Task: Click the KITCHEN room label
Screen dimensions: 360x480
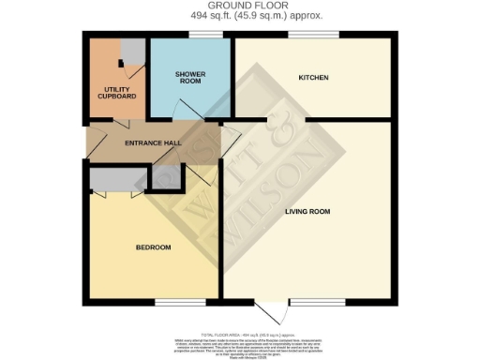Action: pyautogui.click(x=312, y=77)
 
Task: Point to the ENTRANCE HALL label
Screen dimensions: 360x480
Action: pyautogui.click(x=152, y=142)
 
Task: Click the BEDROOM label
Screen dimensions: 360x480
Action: pyautogui.click(x=153, y=247)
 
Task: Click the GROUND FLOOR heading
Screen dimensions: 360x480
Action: pyautogui.click(x=241, y=6)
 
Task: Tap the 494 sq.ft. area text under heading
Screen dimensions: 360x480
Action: pyautogui.click(x=241, y=16)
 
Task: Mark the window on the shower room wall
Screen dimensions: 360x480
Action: pyautogui.click(x=205, y=37)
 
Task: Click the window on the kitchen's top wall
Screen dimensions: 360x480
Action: pyautogui.click(x=313, y=37)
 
